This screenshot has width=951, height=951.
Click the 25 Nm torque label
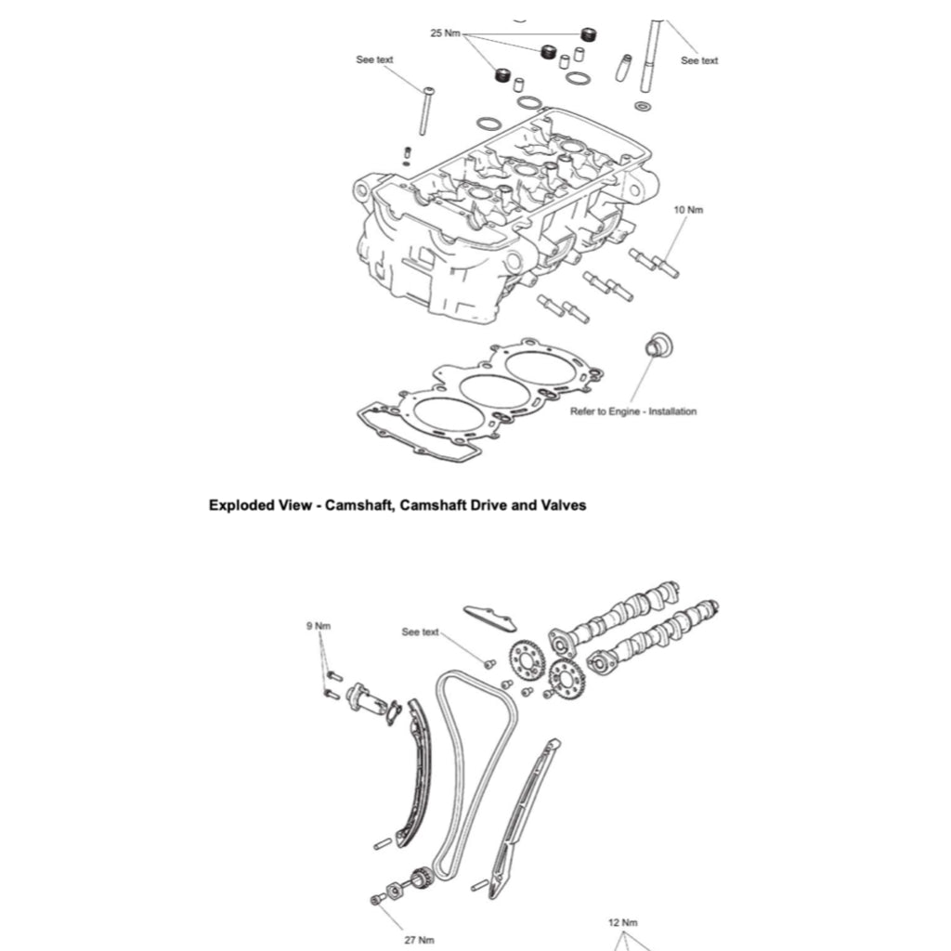pos(446,33)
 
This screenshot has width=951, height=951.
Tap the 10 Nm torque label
pos(688,210)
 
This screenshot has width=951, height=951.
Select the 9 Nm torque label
pos(319,625)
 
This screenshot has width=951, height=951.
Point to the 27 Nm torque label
pos(419,939)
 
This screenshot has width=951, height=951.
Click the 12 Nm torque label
pos(622,922)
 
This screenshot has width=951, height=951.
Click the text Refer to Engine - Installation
pos(632,410)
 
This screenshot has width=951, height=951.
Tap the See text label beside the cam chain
pos(420,632)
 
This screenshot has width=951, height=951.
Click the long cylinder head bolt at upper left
pos(425,111)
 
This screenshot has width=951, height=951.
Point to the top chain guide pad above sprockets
pos(489,618)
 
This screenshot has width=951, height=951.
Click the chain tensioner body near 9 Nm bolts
pos(366,700)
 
